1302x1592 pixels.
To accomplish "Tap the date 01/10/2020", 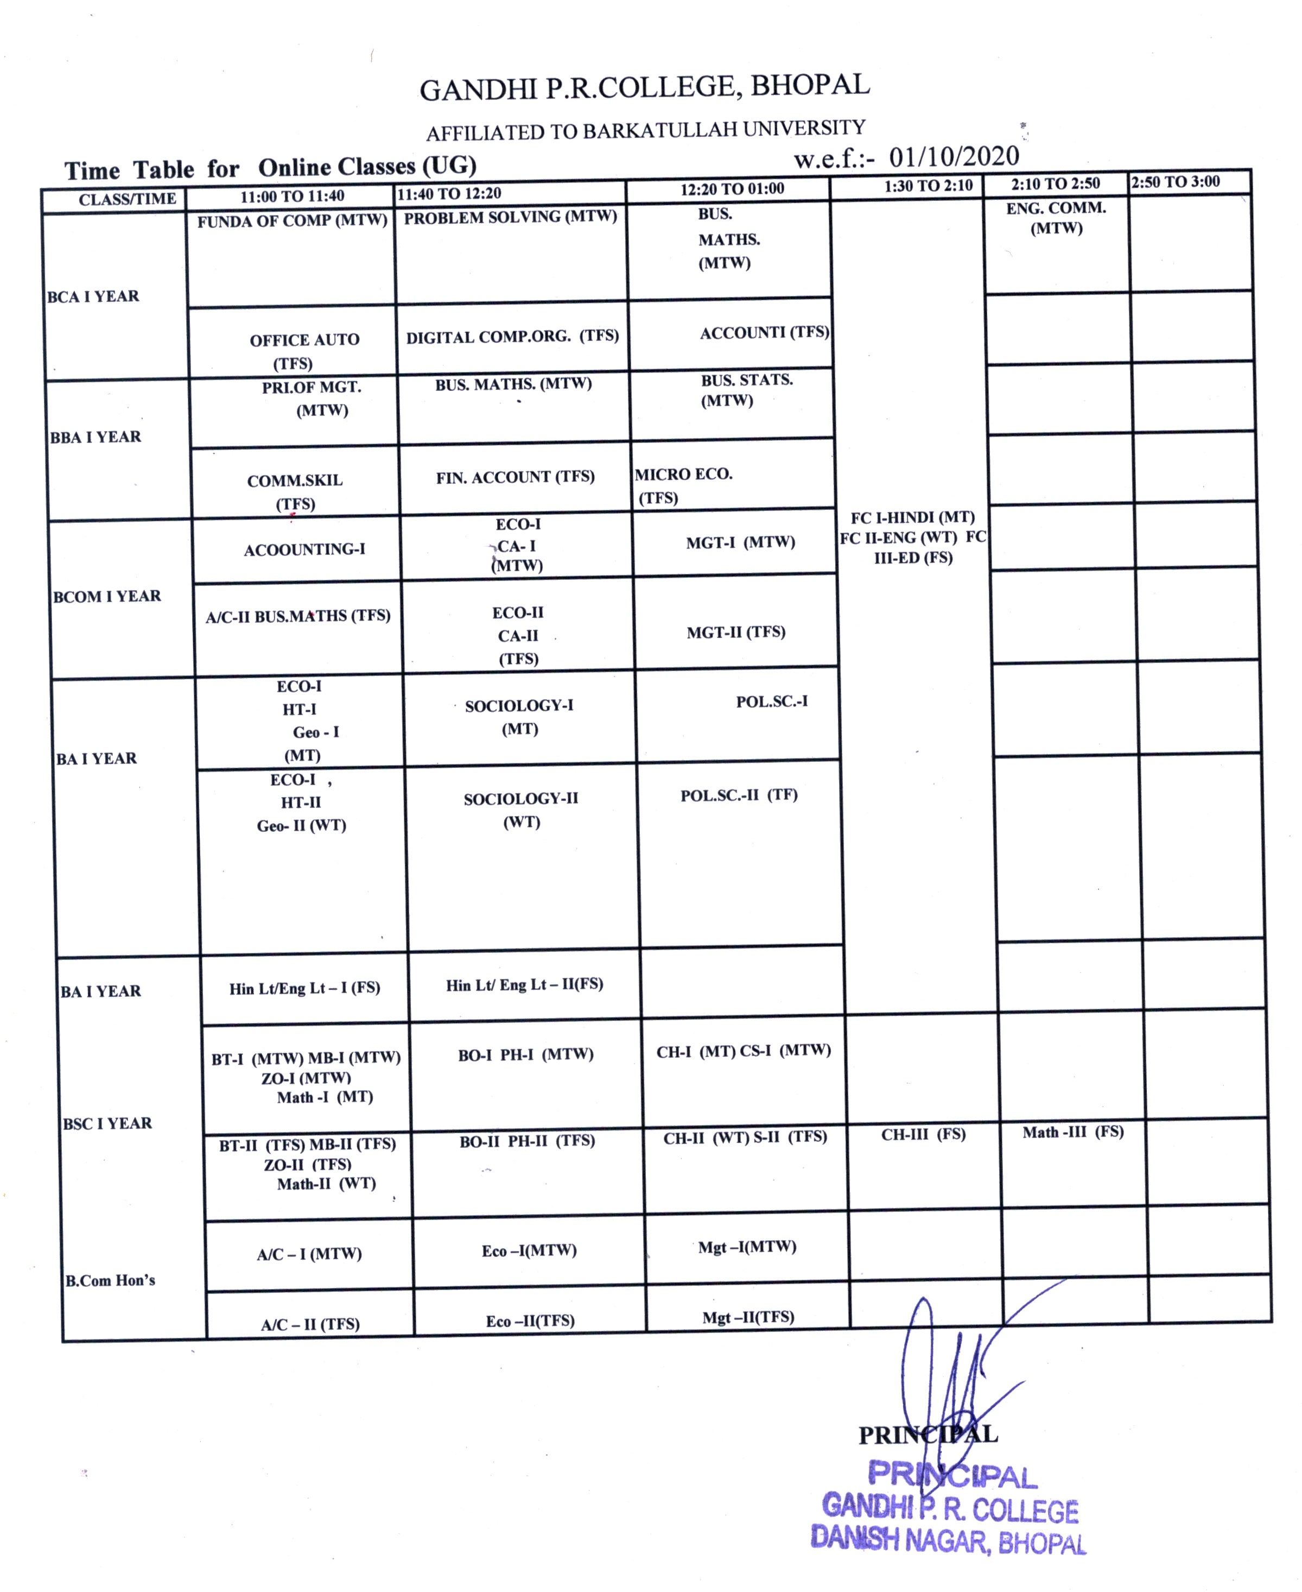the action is tap(954, 156).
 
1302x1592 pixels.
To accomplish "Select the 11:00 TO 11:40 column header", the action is tap(292, 197).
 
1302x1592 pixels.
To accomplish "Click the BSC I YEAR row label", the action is tap(107, 1123).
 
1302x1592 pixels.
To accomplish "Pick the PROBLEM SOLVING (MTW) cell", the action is tap(510, 218).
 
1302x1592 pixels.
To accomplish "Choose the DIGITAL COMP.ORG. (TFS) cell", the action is tap(512, 336).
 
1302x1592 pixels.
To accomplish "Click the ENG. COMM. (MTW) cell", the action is tap(1056, 218).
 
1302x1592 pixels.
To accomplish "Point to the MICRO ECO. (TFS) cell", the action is tap(683, 485).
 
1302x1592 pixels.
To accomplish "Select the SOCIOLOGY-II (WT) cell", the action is tap(521, 810).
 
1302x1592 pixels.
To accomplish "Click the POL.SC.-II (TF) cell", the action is tap(739, 795).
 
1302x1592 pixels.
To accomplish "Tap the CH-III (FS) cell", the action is tap(923, 1134).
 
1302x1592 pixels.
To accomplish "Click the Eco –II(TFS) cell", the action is tap(530, 1321).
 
